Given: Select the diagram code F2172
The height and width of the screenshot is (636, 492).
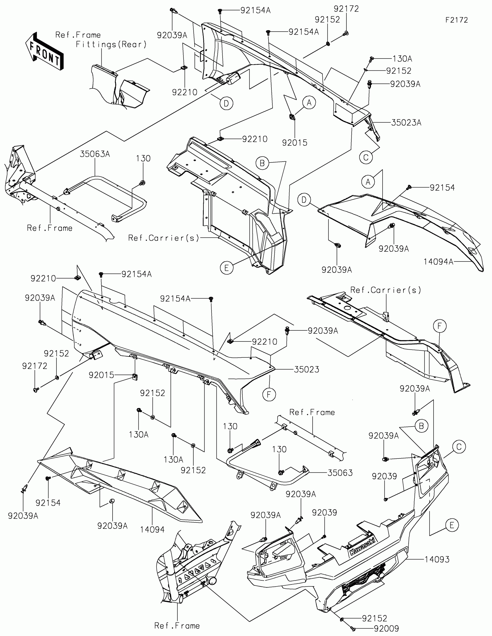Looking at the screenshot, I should tap(456, 20).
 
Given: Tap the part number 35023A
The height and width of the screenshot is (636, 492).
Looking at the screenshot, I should tap(406, 123).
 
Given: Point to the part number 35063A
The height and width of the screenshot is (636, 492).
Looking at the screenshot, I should tap(95, 154).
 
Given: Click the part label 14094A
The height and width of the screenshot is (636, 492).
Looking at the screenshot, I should tap(438, 262).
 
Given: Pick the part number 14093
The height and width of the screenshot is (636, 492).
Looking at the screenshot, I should tap(437, 559).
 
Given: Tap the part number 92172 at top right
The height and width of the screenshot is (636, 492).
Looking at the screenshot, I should tap(346, 9).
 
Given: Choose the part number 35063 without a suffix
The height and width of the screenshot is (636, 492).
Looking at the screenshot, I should tap(340, 473).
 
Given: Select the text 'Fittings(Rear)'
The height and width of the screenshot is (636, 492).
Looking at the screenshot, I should tap(111, 45).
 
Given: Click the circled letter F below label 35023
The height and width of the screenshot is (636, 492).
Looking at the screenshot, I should tap(269, 394).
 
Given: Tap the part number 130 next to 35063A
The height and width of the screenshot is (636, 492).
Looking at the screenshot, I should tap(143, 158).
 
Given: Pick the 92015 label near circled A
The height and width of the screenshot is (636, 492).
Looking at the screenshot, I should tap(294, 142).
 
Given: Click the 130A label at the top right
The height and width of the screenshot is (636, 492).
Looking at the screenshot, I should tap(402, 59).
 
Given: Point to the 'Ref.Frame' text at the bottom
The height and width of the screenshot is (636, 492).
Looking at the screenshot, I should tap(177, 626).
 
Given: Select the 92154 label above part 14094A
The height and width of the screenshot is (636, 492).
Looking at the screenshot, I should tap(442, 188).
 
